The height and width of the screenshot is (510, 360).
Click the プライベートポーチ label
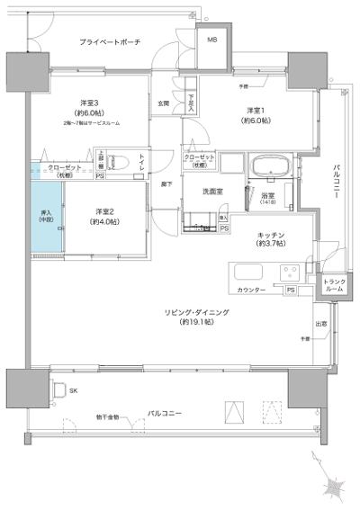[109, 42]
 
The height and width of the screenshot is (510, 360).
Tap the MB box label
[212, 40]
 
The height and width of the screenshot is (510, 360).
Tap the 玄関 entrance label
[164, 103]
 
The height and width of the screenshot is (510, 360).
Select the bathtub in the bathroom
[267, 166]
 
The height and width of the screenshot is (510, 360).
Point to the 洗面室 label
[212, 192]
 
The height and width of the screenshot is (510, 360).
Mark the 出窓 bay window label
[319, 323]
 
